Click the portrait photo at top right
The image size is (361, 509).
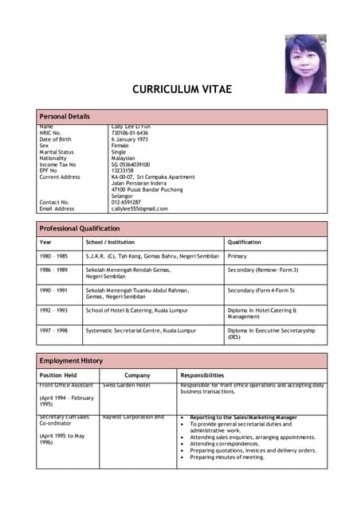click(x=306, y=63)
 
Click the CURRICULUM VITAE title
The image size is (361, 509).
click(x=180, y=89)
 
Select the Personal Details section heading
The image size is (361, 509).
click(x=65, y=117)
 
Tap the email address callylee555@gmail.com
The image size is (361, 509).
click(x=139, y=208)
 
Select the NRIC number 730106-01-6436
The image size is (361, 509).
click(x=130, y=133)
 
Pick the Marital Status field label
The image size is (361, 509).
click(x=57, y=152)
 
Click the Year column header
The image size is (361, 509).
click(x=45, y=242)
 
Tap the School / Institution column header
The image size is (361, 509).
click(x=110, y=242)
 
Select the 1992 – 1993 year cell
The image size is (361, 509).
click(x=53, y=310)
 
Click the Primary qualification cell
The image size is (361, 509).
click(x=237, y=257)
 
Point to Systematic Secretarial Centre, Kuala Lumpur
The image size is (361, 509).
click(x=140, y=330)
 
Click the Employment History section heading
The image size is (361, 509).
click(x=71, y=360)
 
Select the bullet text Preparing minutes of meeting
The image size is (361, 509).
click(x=227, y=457)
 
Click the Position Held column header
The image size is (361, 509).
click(x=58, y=375)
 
